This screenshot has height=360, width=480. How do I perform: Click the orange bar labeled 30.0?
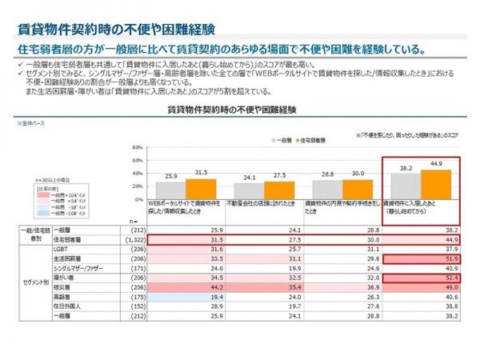coord(358,189)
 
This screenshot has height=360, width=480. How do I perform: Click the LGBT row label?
coord(60,248)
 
